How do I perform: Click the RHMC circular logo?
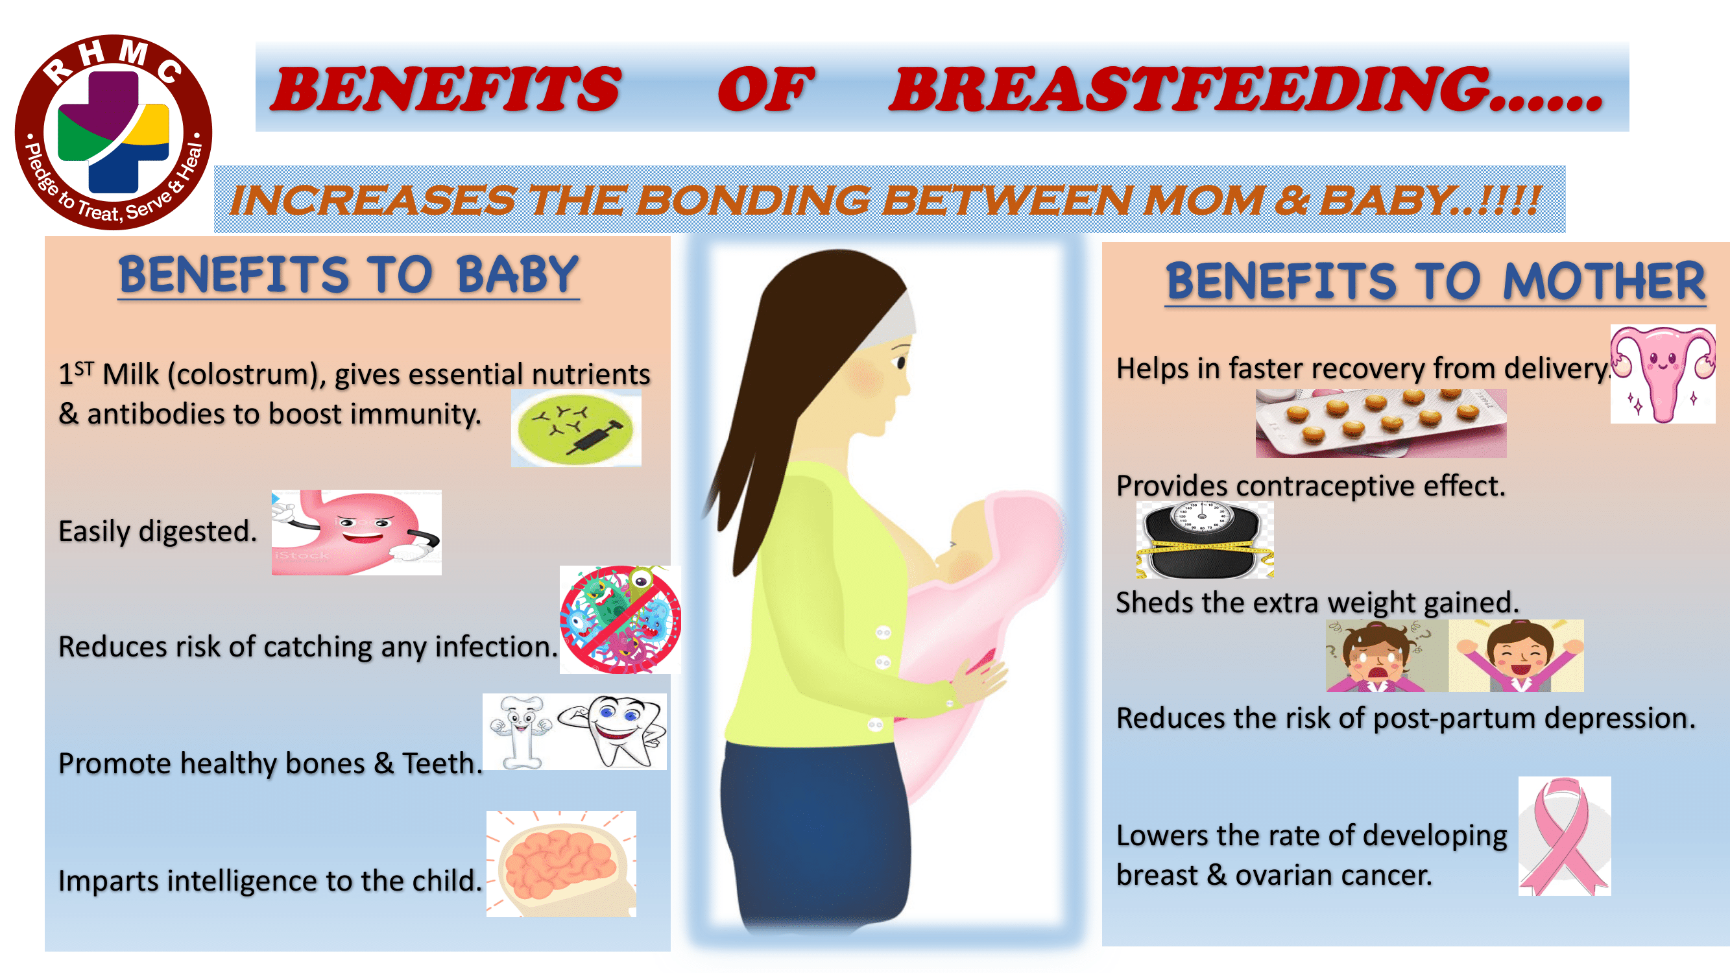coord(114,132)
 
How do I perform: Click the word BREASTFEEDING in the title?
coord(1246,90)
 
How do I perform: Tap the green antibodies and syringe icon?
coord(575,427)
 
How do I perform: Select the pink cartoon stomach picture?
coord(356,532)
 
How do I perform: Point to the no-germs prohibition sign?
coord(620,619)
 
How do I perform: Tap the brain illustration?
coord(560,863)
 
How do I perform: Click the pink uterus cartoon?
coord(1662,374)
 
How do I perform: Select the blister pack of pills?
coord(1381,423)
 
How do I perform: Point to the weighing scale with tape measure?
coord(1205,540)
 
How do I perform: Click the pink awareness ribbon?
coord(1564,836)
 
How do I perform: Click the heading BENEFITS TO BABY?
coord(348,275)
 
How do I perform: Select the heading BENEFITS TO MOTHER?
coord(1435,282)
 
